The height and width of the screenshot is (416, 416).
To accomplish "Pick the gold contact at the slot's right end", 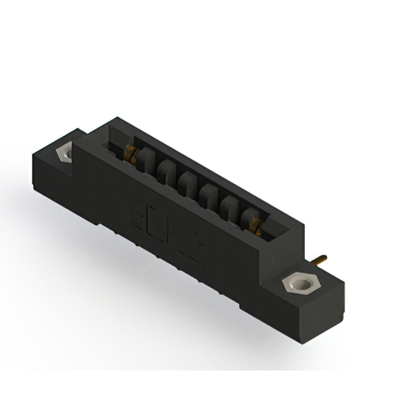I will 258,225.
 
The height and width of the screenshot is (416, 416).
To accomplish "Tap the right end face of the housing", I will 325,305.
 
